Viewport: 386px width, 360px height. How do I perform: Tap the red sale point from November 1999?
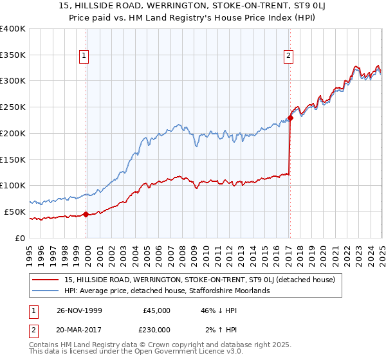point(86,214)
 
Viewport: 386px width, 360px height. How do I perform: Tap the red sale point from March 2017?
point(290,118)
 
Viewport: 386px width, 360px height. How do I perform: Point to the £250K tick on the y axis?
point(13,107)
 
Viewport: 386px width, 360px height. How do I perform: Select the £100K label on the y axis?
point(13,186)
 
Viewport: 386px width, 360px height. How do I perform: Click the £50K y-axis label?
point(15,212)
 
